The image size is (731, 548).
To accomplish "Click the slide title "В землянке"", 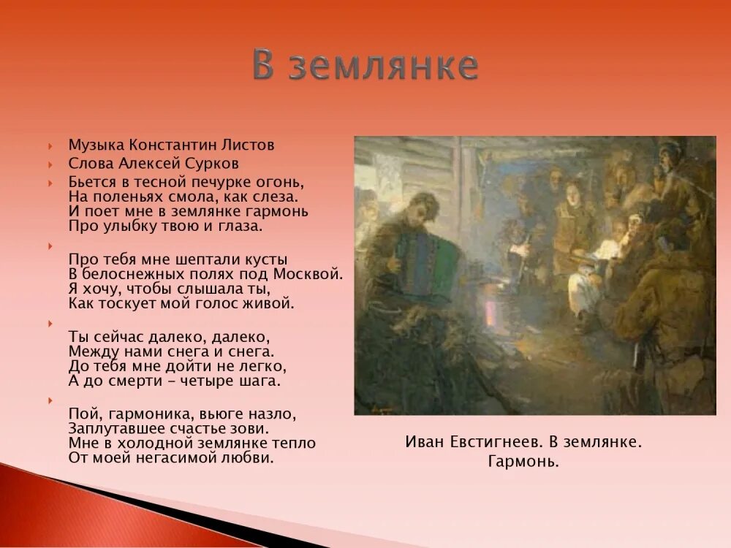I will [365, 66].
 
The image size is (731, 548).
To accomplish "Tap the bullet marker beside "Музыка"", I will [50, 145].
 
